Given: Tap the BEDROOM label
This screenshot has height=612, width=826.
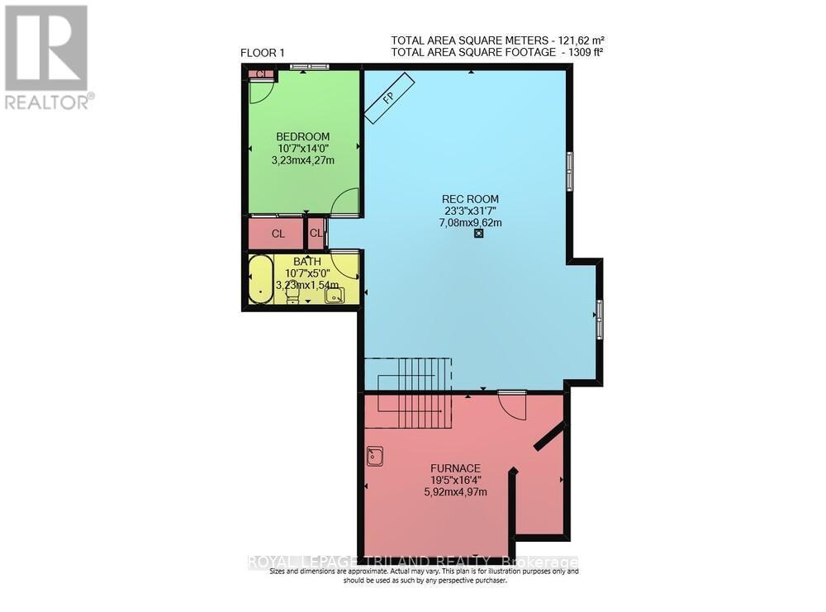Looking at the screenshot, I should point(302,137).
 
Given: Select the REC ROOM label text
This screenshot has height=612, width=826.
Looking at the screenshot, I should point(470,199).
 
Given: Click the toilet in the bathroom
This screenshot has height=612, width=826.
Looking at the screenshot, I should point(292,296).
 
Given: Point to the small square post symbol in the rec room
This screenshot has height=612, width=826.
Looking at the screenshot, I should point(478,235).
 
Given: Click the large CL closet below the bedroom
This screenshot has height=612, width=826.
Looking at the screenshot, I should point(278,234).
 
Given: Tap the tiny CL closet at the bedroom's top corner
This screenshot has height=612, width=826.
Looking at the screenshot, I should point(261,74).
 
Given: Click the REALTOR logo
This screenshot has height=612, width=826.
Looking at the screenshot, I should point(47,57).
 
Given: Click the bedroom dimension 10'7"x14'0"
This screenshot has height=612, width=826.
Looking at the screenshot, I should point(302,149).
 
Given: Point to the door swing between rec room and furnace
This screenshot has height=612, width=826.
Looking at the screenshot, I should point(510,402).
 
